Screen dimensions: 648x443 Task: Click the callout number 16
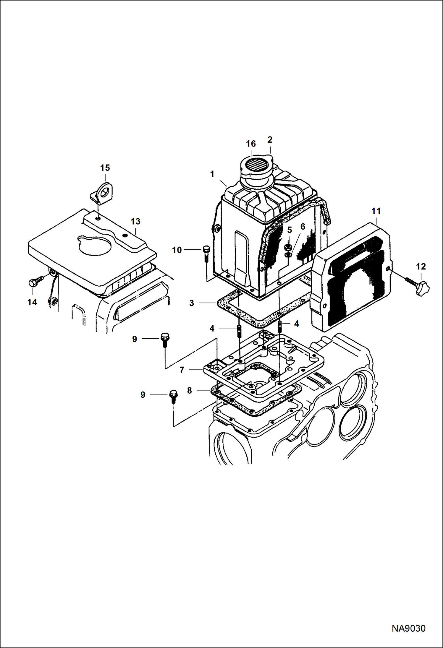point(251,144)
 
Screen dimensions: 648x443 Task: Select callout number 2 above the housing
point(270,139)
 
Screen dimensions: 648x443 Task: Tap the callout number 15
point(105,168)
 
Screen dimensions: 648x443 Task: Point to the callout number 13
point(135,221)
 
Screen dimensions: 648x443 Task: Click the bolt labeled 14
point(33,283)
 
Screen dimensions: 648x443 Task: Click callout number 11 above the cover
point(376,211)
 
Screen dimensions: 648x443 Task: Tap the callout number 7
point(182,370)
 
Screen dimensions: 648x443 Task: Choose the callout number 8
point(190,390)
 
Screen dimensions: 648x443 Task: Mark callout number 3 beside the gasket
point(192,303)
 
